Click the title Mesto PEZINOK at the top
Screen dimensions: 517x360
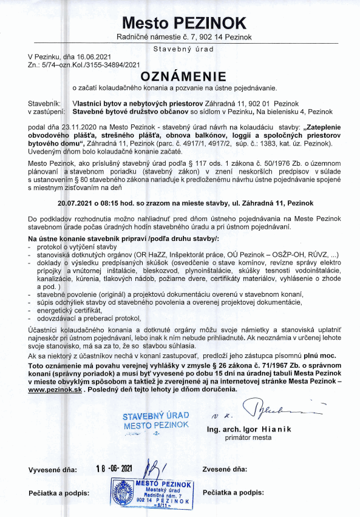(183, 23)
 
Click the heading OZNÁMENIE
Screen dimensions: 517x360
(183, 77)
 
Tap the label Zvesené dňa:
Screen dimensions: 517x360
(225, 469)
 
